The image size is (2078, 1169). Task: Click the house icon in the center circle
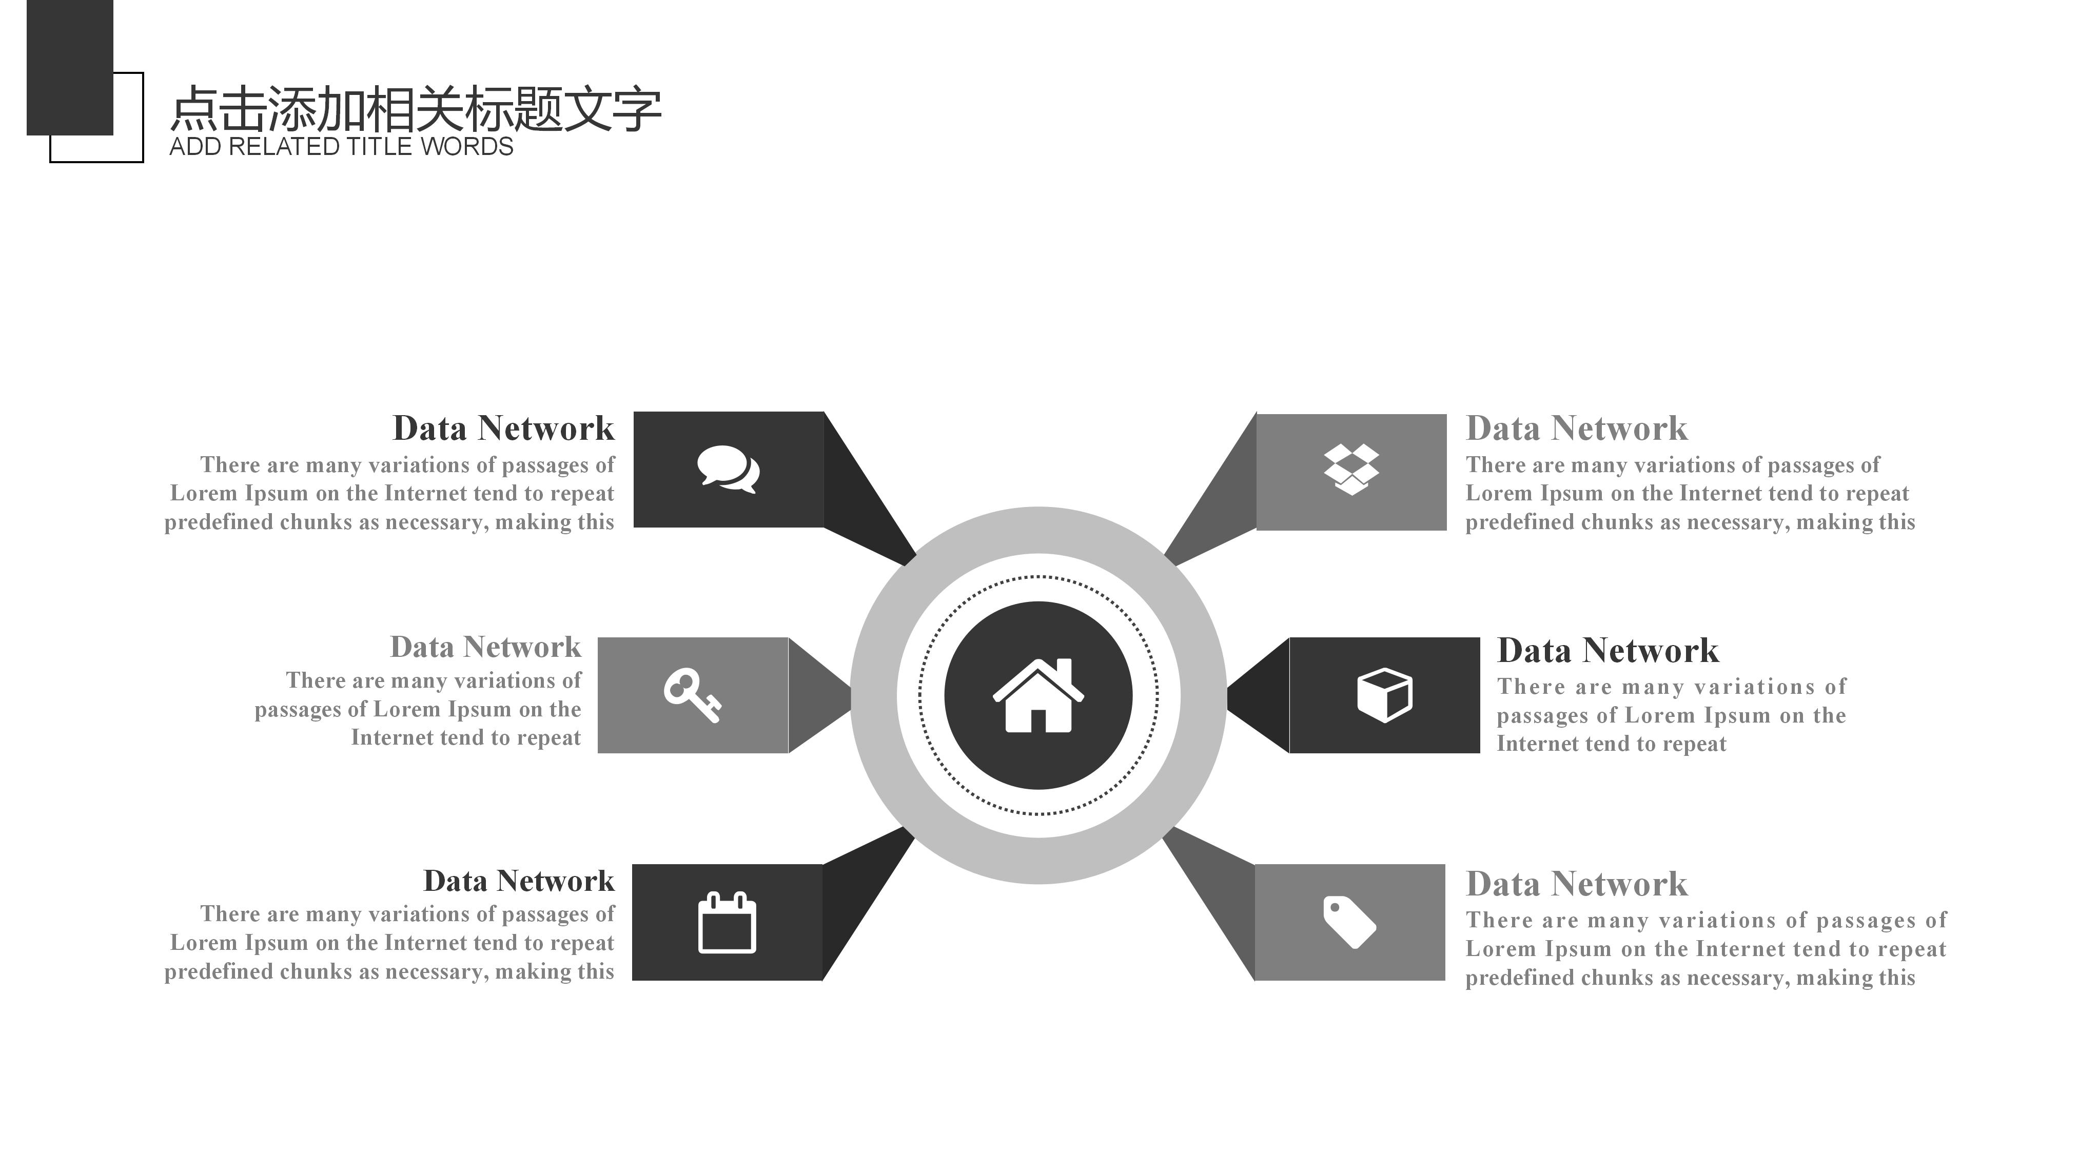pyautogui.click(x=1038, y=696)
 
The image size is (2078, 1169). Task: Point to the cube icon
pyautogui.click(x=1384, y=695)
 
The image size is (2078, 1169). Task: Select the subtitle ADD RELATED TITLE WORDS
pyautogui.click(x=341, y=147)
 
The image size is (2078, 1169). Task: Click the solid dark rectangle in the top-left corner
pyautogui.click(x=69, y=65)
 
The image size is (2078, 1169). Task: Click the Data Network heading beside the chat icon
pyautogui.click(x=503, y=428)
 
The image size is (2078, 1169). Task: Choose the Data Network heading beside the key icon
pyautogui.click(x=485, y=647)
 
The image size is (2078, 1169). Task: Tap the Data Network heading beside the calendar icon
pyautogui.click(x=519, y=881)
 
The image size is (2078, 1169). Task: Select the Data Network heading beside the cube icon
pyautogui.click(x=1607, y=650)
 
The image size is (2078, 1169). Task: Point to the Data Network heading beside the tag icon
pyautogui.click(x=1576, y=884)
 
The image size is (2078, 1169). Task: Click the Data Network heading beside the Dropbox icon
pyautogui.click(x=1576, y=428)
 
